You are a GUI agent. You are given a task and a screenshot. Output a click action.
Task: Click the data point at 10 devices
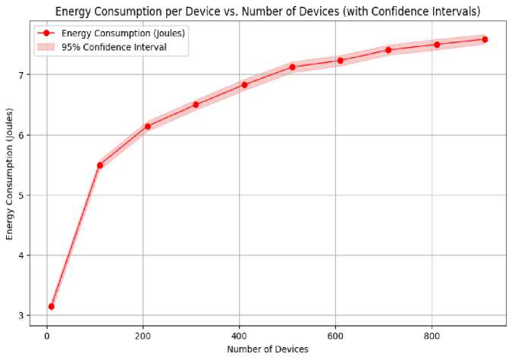click(x=52, y=306)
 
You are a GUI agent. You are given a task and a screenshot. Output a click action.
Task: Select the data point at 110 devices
click(x=99, y=165)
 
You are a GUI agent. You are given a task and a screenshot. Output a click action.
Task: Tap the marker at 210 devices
click(x=148, y=127)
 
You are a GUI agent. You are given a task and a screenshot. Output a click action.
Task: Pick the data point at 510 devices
click(x=292, y=67)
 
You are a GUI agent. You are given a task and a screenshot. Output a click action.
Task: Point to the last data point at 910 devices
click(x=485, y=39)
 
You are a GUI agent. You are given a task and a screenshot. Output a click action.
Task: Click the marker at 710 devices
click(x=388, y=50)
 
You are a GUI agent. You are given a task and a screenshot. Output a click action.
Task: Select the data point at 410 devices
click(x=244, y=85)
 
